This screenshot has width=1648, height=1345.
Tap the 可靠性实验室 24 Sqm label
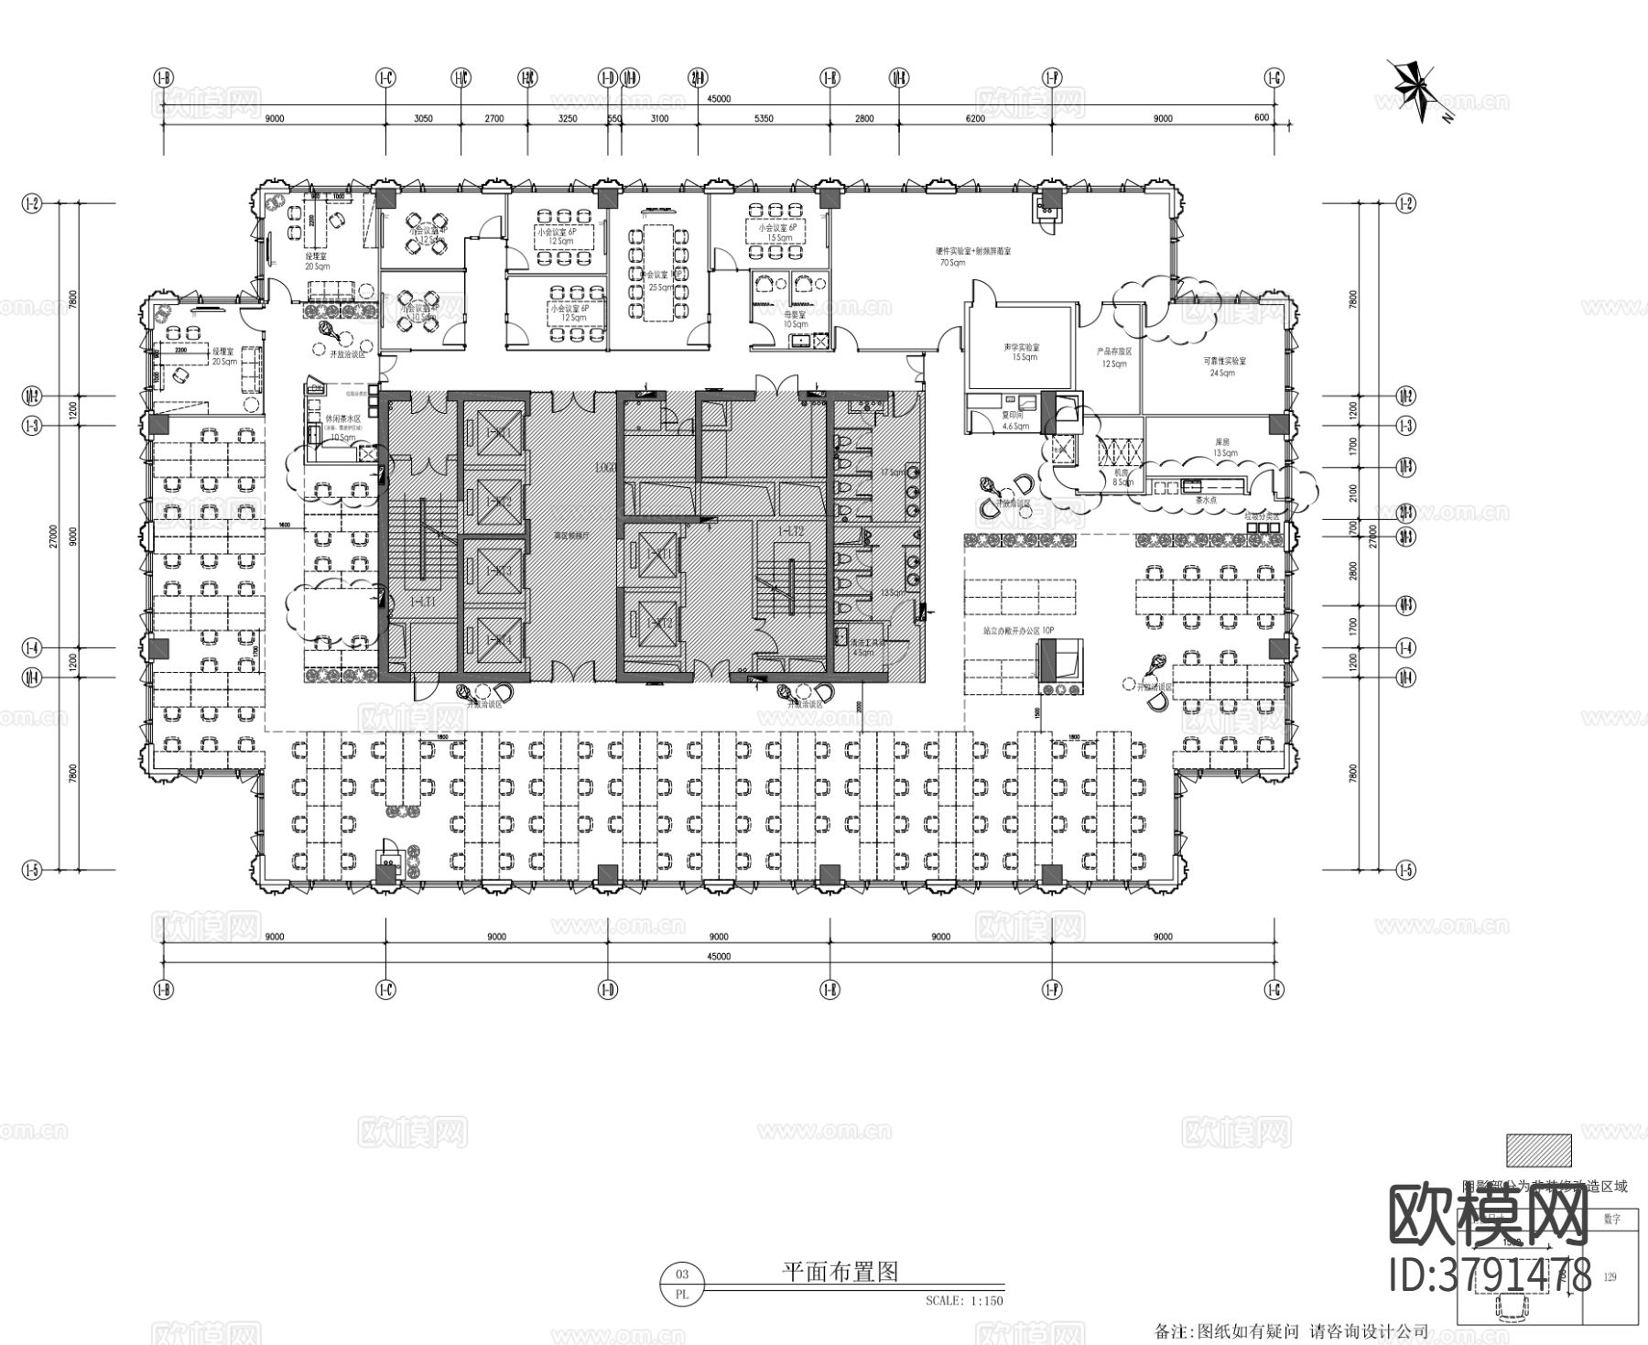[x=1224, y=365]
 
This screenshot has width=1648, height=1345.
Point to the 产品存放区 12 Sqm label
[x=1114, y=357]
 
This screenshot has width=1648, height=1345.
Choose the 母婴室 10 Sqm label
[x=795, y=319]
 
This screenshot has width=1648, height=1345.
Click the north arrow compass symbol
[x=1416, y=89]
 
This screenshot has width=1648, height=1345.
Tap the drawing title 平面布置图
[x=840, y=1271]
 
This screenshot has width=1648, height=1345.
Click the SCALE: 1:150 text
[x=964, y=1300]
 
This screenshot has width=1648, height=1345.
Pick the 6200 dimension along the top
[x=974, y=118]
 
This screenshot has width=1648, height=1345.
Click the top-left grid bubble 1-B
[x=164, y=79]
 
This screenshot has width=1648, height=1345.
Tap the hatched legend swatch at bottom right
[x=1538, y=1150]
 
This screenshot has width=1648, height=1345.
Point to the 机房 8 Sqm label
[x=1122, y=478]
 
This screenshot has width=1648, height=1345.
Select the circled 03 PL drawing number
[x=681, y=1283]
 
